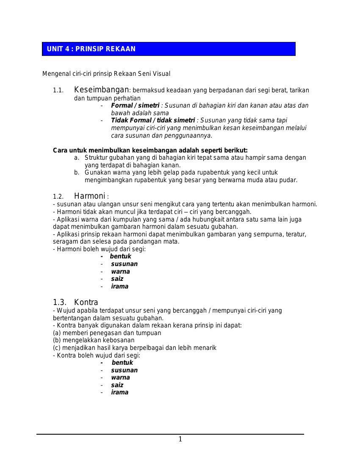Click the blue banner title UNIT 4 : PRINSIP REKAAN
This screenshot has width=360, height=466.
pyautogui.click(x=91, y=49)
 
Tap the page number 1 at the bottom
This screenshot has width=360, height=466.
pyautogui.click(x=180, y=439)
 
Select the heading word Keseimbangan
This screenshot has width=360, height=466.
pyautogui.click(x=101, y=90)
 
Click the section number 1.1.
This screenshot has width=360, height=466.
pyautogui.click(x=58, y=91)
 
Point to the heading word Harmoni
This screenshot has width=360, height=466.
pyautogui.click(x=89, y=196)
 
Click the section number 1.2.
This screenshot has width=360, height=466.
pyautogui.click(x=58, y=197)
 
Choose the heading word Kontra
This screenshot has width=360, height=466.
pyautogui.click(x=86, y=302)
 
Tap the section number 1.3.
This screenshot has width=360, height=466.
pyautogui.click(x=59, y=302)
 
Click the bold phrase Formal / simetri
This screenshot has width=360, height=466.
pyautogui.click(x=135, y=105)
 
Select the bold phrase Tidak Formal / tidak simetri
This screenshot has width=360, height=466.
pyautogui.click(x=153, y=120)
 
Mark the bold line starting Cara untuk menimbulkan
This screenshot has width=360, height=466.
pyautogui.click(x=150, y=150)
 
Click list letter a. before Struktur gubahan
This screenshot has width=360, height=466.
pyautogui.click(x=77, y=158)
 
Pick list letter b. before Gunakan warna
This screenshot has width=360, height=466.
pyautogui.click(x=77, y=173)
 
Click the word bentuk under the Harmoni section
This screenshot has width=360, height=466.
pyautogui.click(x=120, y=256)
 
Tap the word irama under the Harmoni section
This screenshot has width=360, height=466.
pyautogui.click(x=119, y=286)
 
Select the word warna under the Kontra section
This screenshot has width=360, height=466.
pyautogui.click(x=120, y=377)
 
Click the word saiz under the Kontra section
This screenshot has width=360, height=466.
pyautogui.click(x=117, y=385)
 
